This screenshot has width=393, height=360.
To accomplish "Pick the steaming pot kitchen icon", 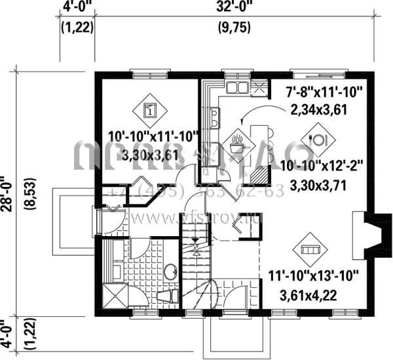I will tap(236, 142).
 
